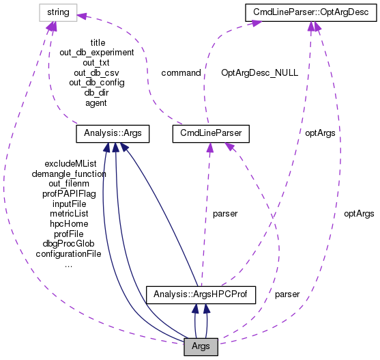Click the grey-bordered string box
[x=58, y=11]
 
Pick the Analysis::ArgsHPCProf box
[x=201, y=294]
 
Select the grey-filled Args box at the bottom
[x=201, y=346]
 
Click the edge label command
[x=181, y=72]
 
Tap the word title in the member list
[x=98, y=42]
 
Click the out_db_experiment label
[x=98, y=52]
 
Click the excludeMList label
[x=70, y=164]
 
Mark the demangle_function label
[x=69, y=174]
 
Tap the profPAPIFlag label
[x=69, y=194]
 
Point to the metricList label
[x=69, y=214]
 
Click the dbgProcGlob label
[x=69, y=243]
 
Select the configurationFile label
[x=69, y=253]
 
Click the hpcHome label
[x=69, y=223]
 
